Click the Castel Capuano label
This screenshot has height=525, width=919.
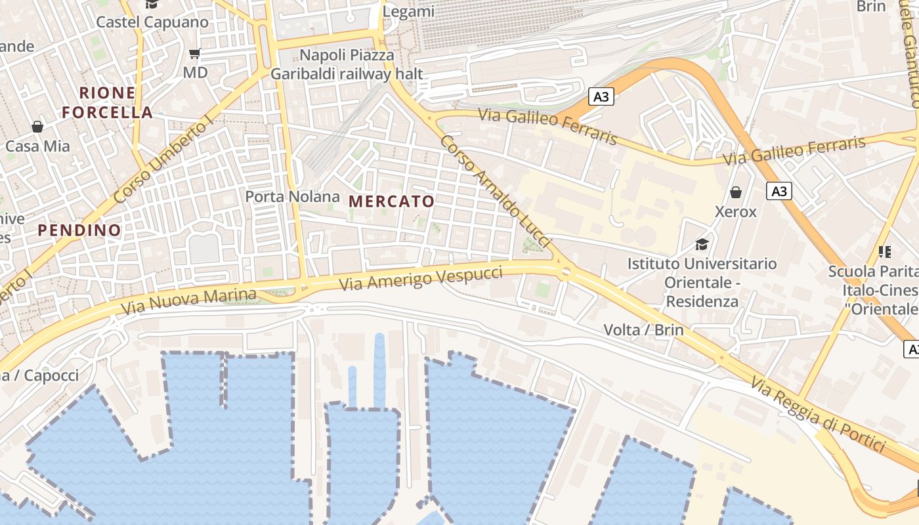152,22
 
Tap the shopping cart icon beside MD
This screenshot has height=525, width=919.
194,53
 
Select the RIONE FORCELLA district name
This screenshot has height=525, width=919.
108,102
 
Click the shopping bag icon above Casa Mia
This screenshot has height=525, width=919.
37,126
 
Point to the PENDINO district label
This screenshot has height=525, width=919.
79,230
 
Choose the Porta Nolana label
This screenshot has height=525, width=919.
293,196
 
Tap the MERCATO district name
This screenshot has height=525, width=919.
391,201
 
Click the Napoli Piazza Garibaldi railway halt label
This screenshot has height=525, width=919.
347,64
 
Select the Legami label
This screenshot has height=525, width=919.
408,12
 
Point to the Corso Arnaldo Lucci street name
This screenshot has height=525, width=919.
496,192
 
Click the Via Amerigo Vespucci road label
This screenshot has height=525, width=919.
421,280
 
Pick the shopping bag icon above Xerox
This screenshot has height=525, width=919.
736,192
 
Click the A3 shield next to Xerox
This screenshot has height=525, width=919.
779,191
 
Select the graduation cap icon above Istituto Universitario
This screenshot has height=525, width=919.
702,245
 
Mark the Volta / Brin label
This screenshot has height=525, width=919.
643,329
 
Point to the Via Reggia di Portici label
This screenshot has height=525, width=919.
819,415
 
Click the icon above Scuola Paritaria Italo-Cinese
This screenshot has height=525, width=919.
884,251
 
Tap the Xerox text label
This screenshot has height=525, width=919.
736,212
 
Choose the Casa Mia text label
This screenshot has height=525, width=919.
37,146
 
